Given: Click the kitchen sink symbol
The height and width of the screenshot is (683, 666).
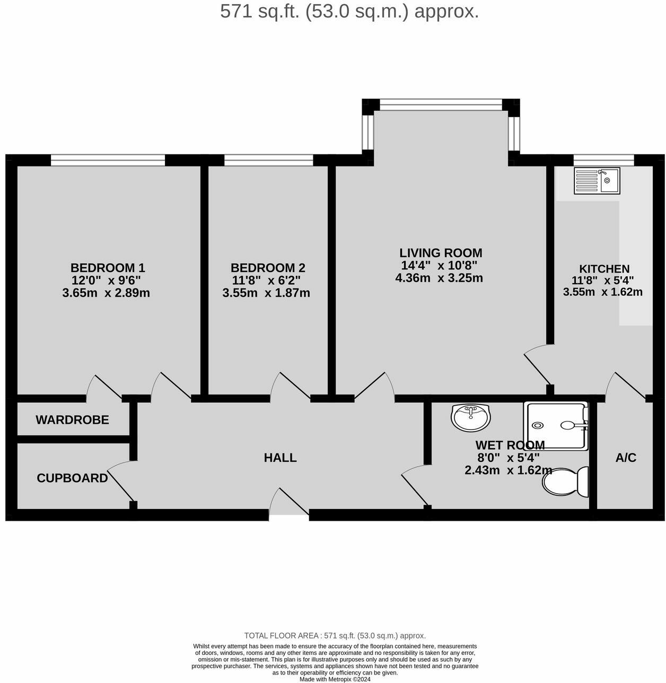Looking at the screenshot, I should pyautogui.click(x=597, y=180).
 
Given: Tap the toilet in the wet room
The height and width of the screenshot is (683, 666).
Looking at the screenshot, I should pyautogui.click(x=566, y=481).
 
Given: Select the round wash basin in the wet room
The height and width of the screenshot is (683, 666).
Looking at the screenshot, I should pyautogui.click(x=471, y=417).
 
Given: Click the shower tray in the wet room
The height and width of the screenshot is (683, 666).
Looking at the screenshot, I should pyautogui.click(x=556, y=425).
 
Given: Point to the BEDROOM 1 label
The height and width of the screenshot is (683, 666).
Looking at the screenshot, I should pyautogui.click(x=108, y=268).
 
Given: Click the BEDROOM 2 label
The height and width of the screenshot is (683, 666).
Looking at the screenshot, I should pyautogui.click(x=268, y=268).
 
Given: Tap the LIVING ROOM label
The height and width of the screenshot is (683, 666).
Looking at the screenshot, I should pyautogui.click(x=441, y=253).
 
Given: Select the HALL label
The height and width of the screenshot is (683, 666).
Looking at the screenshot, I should pyautogui.click(x=280, y=458).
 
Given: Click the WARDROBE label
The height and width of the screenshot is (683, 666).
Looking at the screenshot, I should pyautogui.click(x=72, y=420).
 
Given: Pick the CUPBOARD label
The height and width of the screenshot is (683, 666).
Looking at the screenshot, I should pyautogui.click(x=72, y=478).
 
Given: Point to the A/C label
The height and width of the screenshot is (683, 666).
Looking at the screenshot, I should pyautogui.click(x=626, y=458).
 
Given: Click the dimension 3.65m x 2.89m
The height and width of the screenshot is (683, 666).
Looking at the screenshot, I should pyautogui.click(x=106, y=293).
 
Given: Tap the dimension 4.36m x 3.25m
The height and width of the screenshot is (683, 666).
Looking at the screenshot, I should pyautogui.click(x=439, y=277).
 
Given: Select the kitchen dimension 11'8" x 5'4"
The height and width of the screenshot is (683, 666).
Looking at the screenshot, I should pyautogui.click(x=602, y=281).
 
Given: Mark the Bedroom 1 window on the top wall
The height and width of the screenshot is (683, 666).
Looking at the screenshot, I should pyautogui.click(x=108, y=160).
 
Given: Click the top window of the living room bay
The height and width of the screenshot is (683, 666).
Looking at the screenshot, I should pyautogui.click(x=441, y=104).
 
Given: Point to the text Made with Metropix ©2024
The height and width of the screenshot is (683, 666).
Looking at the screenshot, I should pyautogui.click(x=335, y=679).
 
